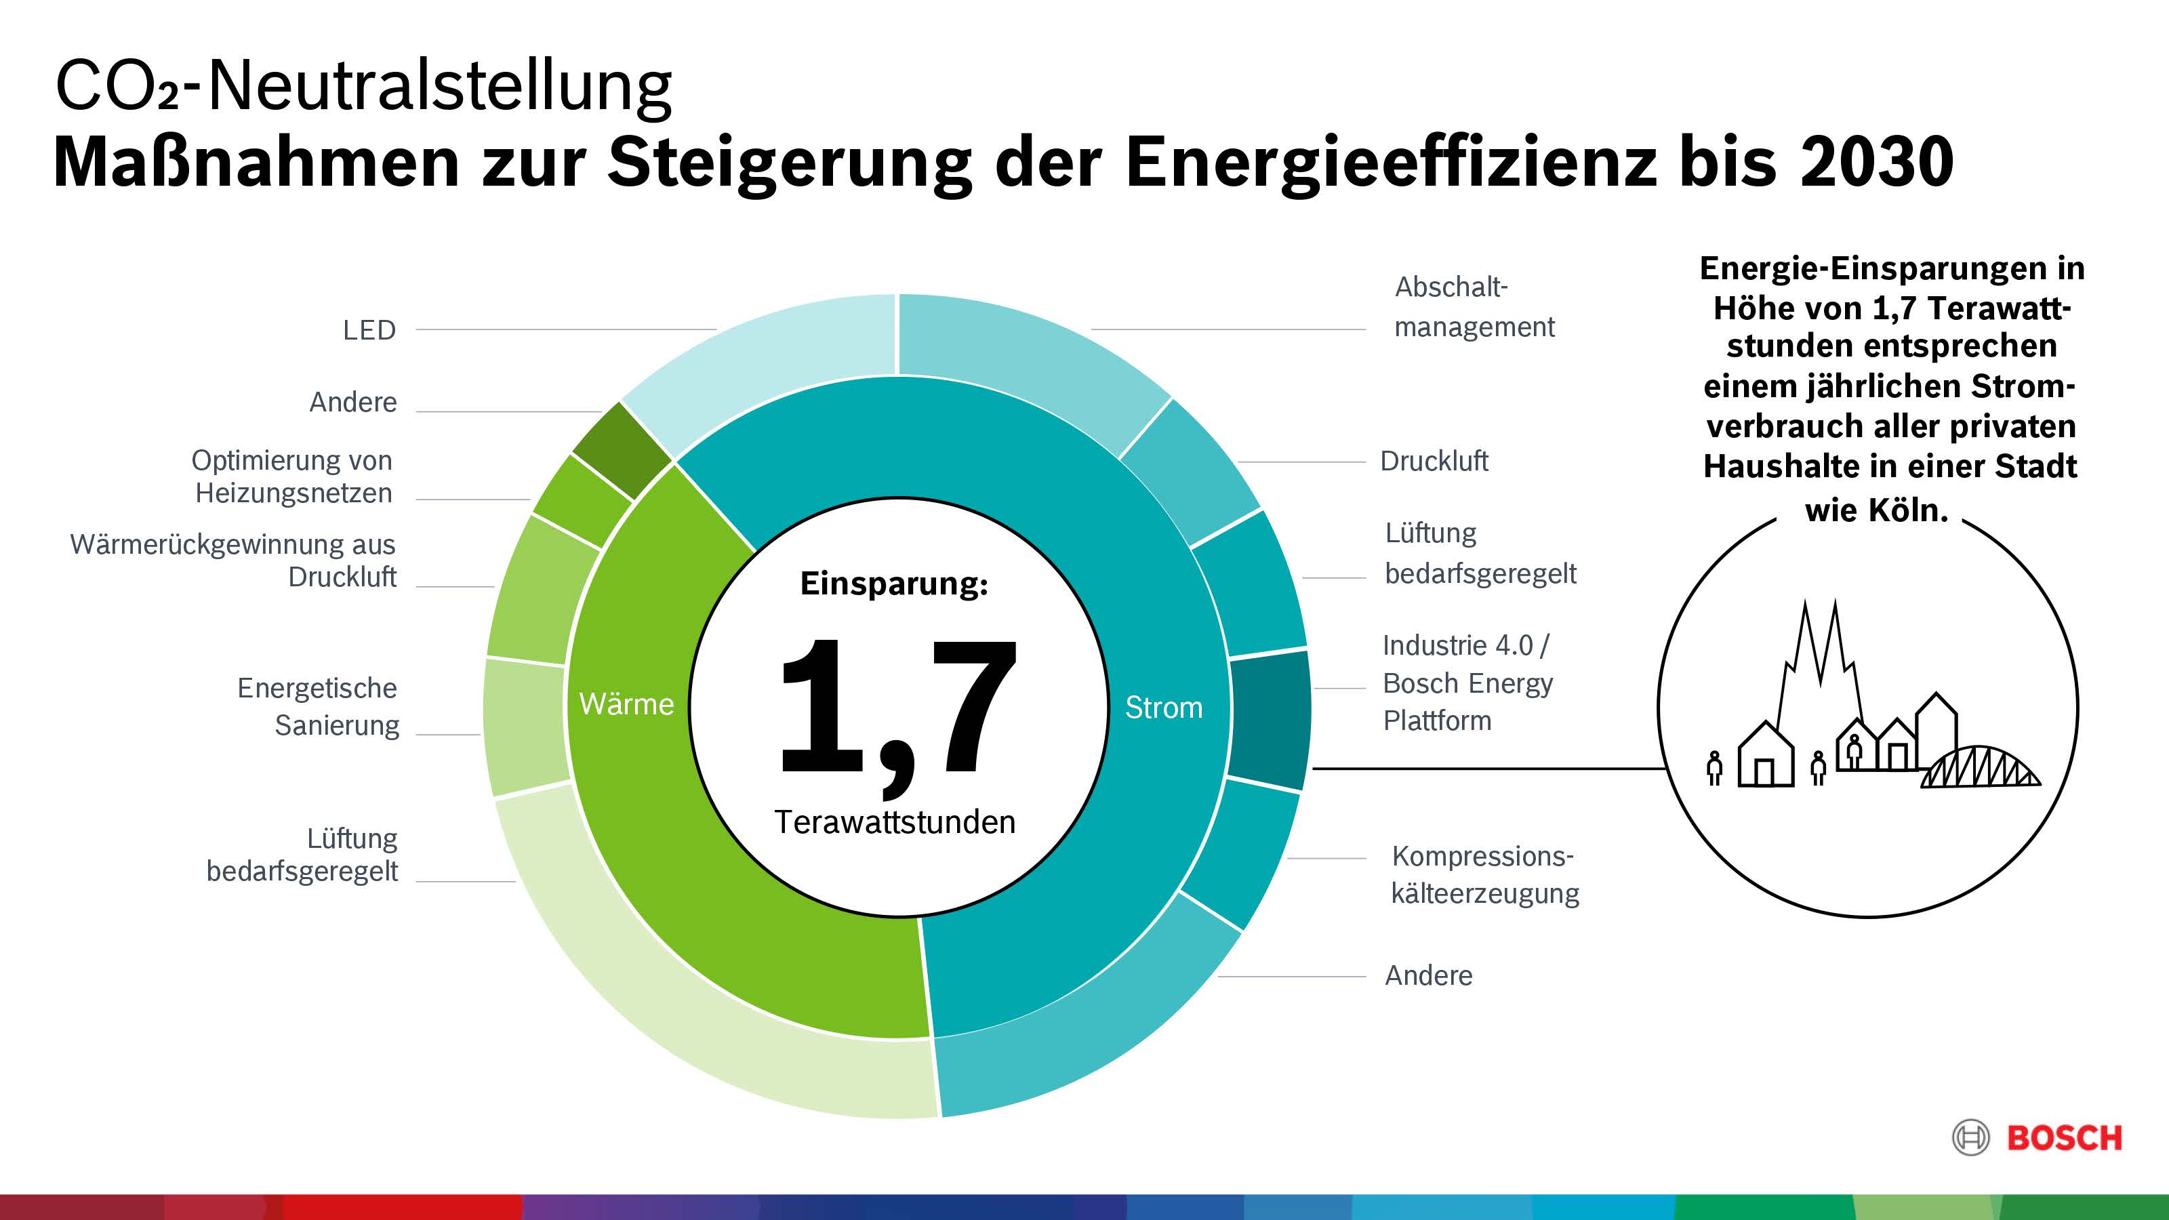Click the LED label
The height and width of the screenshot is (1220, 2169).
[x=369, y=330]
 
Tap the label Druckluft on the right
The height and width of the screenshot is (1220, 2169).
[x=1434, y=462]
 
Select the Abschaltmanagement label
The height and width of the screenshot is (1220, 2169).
[x=1474, y=306]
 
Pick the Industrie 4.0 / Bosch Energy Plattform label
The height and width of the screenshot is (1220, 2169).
[x=1467, y=683]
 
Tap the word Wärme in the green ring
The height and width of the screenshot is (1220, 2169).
[x=626, y=704]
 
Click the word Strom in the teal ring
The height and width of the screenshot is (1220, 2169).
[x=1164, y=707]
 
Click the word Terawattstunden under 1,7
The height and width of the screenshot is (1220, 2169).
[x=895, y=821]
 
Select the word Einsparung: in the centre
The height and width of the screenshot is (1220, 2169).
[x=894, y=583]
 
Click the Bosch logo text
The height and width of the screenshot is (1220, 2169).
[x=2064, y=1139]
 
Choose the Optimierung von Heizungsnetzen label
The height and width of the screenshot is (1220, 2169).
[x=293, y=476]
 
